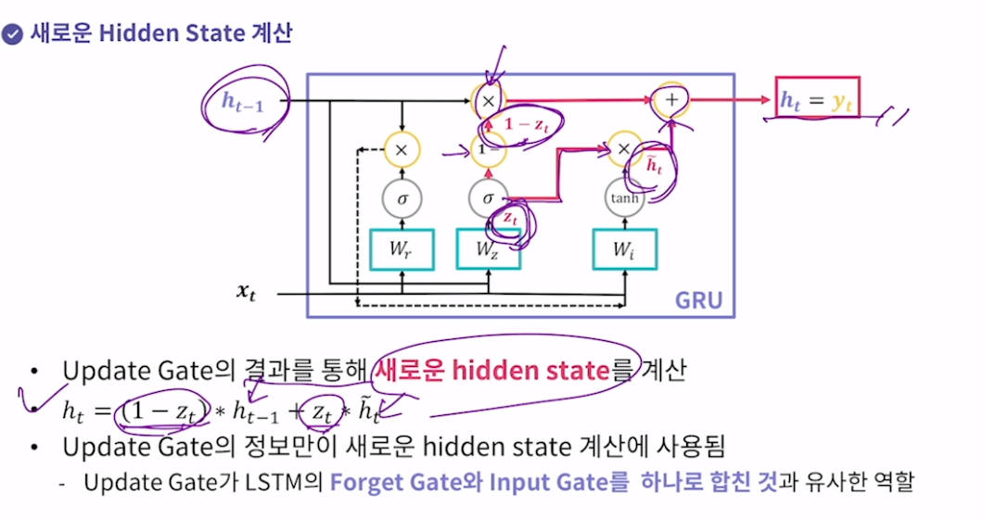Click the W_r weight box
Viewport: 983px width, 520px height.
[x=402, y=249]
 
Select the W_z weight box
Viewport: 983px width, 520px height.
[x=488, y=249]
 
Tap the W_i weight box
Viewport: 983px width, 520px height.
[x=624, y=249]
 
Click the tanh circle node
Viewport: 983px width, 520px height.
[x=624, y=197]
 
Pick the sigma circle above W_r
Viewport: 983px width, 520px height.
[x=402, y=197]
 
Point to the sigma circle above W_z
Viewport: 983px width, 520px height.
[x=488, y=197]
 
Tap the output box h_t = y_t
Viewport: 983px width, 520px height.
[x=818, y=98]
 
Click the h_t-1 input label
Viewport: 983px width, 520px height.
[x=243, y=100]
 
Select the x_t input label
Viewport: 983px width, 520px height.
[x=245, y=293]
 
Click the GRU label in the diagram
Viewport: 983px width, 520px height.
[x=697, y=299]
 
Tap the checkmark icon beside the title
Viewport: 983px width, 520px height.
[x=12, y=35]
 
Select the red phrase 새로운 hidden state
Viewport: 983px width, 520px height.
[x=492, y=371]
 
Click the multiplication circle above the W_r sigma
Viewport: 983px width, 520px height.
[x=402, y=148]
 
